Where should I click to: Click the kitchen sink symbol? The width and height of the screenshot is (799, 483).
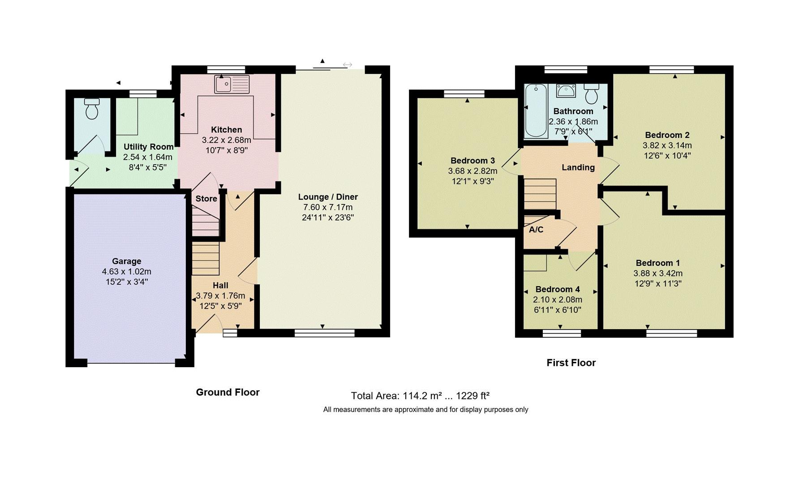coord(232,84)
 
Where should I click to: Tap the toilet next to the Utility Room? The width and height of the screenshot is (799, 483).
coord(92,109)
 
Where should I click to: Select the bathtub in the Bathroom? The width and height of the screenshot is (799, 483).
coord(536,110)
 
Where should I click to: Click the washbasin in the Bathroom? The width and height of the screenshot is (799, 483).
coord(566,91)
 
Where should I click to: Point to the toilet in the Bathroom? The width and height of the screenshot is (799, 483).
coord(592,93)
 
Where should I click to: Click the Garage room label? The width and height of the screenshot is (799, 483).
coord(127,261)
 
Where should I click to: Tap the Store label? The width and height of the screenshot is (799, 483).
coord(206,199)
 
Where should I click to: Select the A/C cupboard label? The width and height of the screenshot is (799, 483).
coord(536,230)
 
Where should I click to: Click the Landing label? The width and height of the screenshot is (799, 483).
coord(578,167)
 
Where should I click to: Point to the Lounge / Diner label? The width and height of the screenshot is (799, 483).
coord(328,197)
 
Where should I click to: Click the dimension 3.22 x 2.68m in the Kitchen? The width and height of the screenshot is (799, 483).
coord(227,140)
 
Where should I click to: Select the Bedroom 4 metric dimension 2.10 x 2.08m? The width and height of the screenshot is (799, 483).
coord(558,300)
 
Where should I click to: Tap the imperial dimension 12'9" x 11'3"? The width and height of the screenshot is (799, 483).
coord(658,284)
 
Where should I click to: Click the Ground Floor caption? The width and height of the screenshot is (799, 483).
coord(228,392)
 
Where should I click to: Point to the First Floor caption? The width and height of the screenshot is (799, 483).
coord(571,363)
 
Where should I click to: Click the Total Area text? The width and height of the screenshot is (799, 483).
coord(420,396)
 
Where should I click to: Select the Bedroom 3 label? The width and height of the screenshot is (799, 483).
coord(473,161)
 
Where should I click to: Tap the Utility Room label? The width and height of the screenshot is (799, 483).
coord(149,147)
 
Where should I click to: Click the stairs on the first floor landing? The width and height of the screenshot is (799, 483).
coord(540,194)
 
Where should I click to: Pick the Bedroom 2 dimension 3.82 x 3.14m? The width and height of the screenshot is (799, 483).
coord(667,145)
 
